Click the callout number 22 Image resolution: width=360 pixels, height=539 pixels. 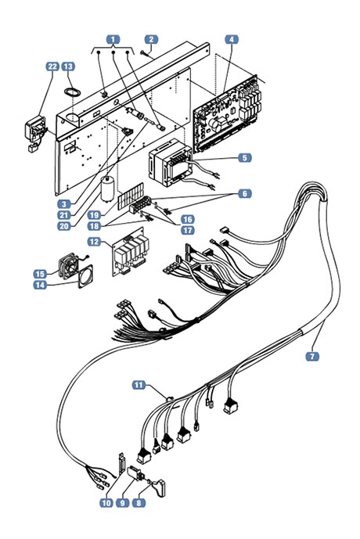tap(52, 66)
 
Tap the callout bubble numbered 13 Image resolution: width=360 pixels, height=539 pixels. tap(68, 66)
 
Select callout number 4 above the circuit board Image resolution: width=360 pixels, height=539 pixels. tap(232, 40)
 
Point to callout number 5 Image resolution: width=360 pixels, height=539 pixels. tap(244, 158)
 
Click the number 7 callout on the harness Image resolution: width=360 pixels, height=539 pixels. tap(312, 357)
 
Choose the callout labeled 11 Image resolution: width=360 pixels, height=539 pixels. tap(139, 385)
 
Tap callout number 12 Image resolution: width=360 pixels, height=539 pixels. tap(94, 242)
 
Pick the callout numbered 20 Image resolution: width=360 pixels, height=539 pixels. tap(64, 226)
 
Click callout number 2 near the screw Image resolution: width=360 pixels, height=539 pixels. tap(151, 40)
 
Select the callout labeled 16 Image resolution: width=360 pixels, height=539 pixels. tap(188, 219)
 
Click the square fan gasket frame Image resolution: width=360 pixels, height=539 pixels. tap(85, 277)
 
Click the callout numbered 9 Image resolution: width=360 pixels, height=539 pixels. tap(122, 503)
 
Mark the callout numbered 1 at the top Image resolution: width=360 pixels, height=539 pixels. tap(113, 40)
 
